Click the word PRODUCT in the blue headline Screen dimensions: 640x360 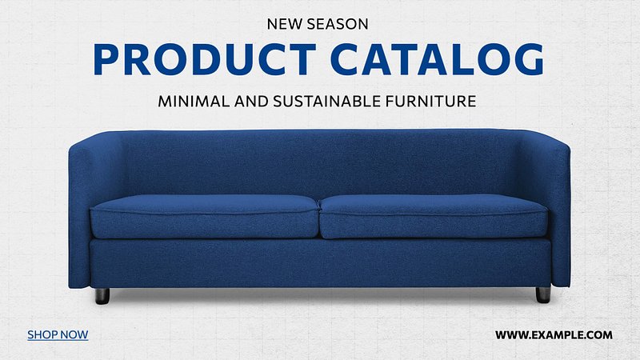pyautogui.click(x=205, y=59)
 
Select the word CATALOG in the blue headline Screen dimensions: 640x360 pyautogui.click(x=437, y=59)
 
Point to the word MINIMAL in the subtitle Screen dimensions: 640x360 pyautogui.click(x=194, y=102)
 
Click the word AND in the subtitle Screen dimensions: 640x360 pyautogui.click(x=251, y=102)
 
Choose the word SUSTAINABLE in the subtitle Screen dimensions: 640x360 pyautogui.click(x=327, y=102)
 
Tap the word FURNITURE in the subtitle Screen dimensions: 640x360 pyautogui.click(x=431, y=102)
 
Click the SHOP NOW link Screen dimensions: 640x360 pyautogui.click(x=58, y=334)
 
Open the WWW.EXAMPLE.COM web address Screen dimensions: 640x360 pyautogui.click(x=554, y=335)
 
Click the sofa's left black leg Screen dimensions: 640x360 pyautogui.click(x=102, y=296)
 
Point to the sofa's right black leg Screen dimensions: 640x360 pyautogui.click(x=543, y=294)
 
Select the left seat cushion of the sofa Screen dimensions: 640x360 pyautogui.click(x=204, y=216)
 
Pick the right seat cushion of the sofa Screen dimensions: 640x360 pyautogui.click(x=434, y=216)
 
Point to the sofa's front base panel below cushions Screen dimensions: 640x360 pyautogui.click(x=321, y=263)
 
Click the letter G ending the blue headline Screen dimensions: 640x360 pyautogui.click(x=530, y=59)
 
